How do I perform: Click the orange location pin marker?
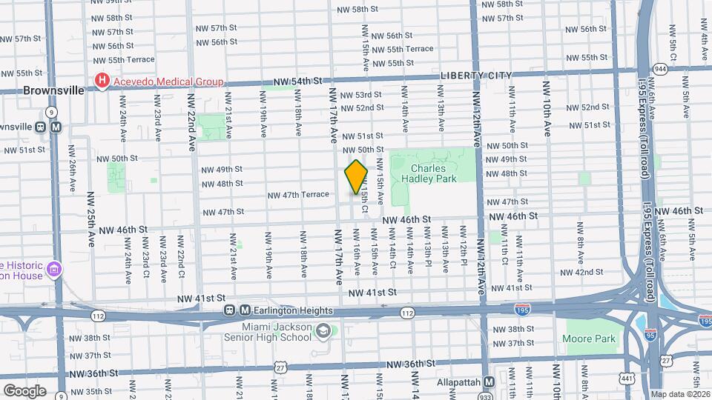coord(356,176)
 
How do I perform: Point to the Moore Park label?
coord(590,339)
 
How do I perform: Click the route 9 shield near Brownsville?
coord(51,112)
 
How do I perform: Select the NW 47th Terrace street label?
coord(298,195)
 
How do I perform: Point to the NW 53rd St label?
coord(361,95)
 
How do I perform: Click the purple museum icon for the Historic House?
coord(53,267)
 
